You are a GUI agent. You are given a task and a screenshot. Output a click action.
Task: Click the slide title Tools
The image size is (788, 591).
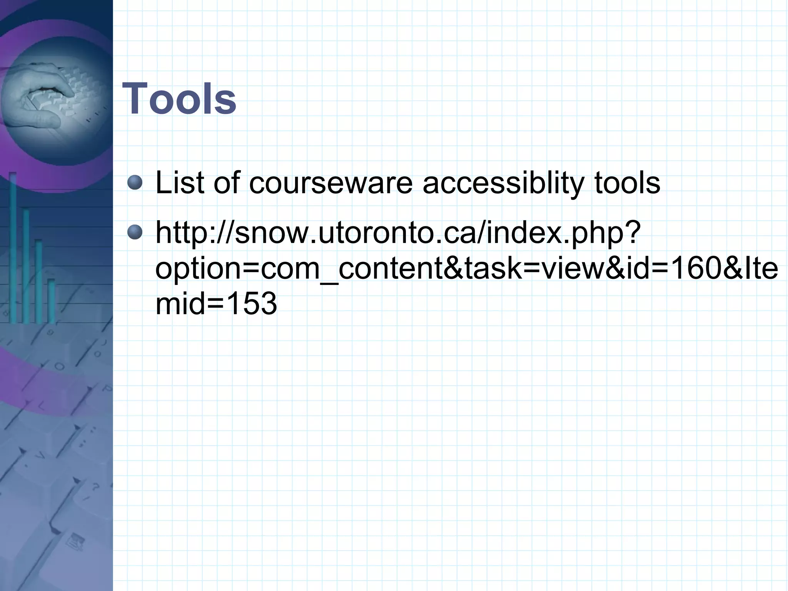point(179,99)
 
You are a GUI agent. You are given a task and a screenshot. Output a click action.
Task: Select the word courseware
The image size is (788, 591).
point(331,183)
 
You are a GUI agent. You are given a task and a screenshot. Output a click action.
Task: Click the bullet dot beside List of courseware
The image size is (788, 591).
point(135,182)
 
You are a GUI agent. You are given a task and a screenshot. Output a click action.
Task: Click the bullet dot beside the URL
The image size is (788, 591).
point(135,232)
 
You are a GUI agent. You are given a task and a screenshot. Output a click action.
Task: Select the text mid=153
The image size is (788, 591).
point(216,303)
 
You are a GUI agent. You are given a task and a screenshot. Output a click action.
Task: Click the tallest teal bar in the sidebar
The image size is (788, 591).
point(13,246)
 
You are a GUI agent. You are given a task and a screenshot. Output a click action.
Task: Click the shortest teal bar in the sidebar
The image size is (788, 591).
point(51,300)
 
